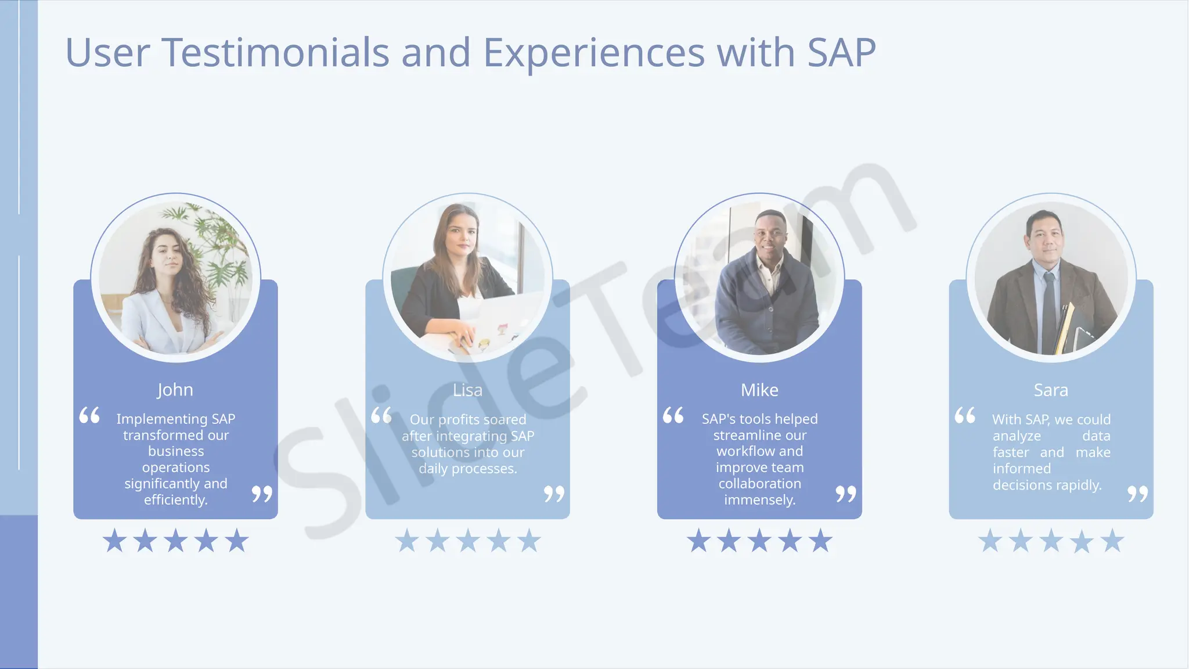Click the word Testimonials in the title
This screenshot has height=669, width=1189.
click(275, 53)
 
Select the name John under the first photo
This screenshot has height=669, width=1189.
click(175, 390)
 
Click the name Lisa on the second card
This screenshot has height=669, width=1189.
click(467, 390)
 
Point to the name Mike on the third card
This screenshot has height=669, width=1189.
click(759, 390)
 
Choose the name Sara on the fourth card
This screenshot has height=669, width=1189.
click(1051, 390)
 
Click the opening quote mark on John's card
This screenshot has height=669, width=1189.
click(89, 415)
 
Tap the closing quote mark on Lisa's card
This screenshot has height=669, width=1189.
click(554, 494)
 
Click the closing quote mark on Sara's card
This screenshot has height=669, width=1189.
click(1138, 494)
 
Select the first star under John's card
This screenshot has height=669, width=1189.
click(114, 541)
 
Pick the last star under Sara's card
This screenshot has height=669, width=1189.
click(1112, 541)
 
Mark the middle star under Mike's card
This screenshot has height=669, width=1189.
click(759, 541)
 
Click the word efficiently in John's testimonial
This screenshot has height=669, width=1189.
click(175, 500)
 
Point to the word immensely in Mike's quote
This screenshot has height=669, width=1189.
click(759, 500)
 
